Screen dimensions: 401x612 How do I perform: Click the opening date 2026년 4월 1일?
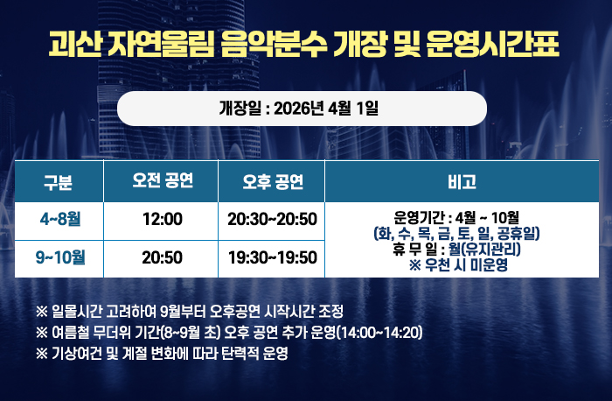tap(325, 109)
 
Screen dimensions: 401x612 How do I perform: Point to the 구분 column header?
tap(59, 182)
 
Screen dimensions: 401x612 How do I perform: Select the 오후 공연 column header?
tap(273, 182)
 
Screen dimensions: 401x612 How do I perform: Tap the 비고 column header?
tap(461, 182)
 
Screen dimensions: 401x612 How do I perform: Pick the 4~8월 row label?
tap(59, 217)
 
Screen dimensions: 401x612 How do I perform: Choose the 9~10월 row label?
tap(59, 257)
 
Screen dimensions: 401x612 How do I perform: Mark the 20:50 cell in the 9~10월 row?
tap(162, 257)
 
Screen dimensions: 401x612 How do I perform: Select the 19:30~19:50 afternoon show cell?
tap(272, 257)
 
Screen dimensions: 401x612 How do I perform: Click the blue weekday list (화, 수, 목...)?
tap(456, 233)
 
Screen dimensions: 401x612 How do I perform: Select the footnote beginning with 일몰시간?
tap(190, 312)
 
